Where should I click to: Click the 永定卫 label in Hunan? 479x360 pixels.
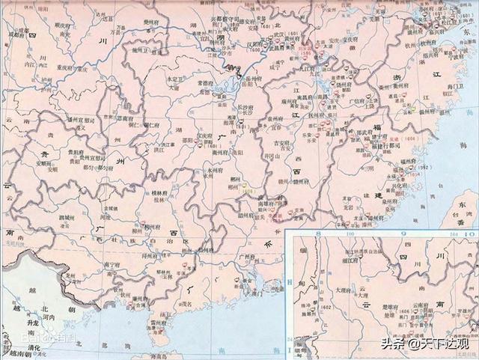[175, 78]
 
